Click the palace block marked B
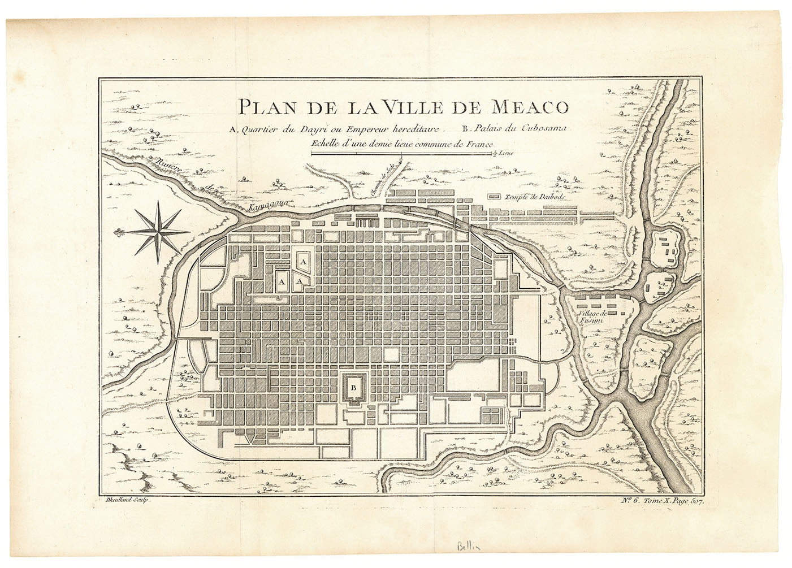354,388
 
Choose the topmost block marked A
302,262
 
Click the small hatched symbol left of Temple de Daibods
495,197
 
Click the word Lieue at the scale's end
507,153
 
